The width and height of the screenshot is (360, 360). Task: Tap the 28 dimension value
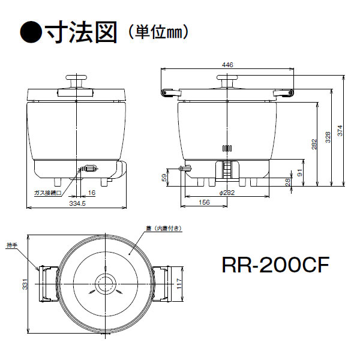287,181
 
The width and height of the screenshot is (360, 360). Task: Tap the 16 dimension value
91,193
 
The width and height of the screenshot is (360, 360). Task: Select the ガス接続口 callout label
49,193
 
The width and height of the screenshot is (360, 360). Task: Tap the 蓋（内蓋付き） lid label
160,229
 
